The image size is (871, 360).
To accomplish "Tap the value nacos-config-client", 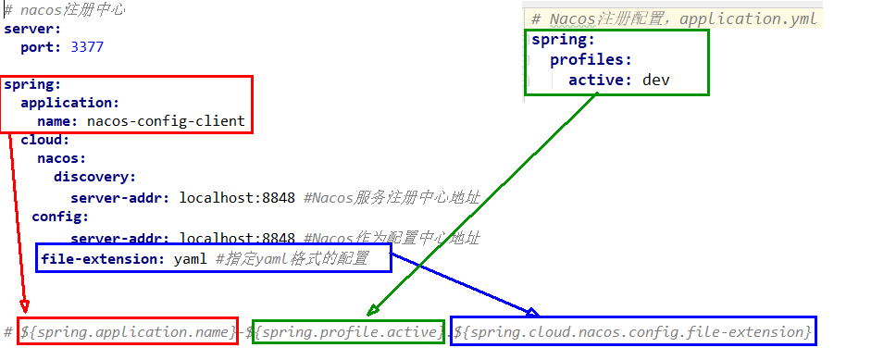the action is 166,120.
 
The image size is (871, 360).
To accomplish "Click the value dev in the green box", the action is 655,80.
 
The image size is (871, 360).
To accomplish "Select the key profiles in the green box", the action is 591,60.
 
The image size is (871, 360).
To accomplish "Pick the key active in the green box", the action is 600,80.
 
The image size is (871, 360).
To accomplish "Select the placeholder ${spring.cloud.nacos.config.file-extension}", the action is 633,330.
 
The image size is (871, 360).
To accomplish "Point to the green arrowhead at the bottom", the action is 372,310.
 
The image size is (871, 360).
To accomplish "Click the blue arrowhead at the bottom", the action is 532,312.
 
